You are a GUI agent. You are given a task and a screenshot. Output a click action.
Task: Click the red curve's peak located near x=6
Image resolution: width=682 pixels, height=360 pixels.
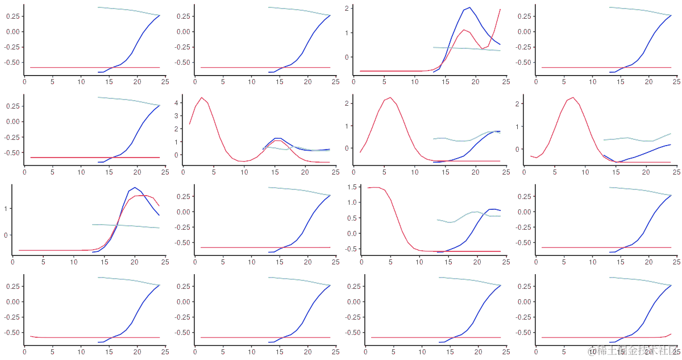[x=390, y=97]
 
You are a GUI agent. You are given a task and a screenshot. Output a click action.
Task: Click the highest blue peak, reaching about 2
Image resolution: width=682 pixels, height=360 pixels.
[x=469, y=7]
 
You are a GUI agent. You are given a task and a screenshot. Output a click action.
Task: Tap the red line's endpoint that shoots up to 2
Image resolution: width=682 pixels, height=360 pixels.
[x=500, y=9]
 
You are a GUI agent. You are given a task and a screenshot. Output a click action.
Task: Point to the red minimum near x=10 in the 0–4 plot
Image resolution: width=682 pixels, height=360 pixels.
[x=244, y=162]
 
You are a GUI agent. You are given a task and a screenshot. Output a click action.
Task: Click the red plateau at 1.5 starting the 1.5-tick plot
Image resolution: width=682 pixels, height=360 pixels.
[x=375, y=187]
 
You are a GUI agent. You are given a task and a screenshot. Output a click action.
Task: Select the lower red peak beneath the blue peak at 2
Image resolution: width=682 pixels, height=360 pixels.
[x=464, y=30]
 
